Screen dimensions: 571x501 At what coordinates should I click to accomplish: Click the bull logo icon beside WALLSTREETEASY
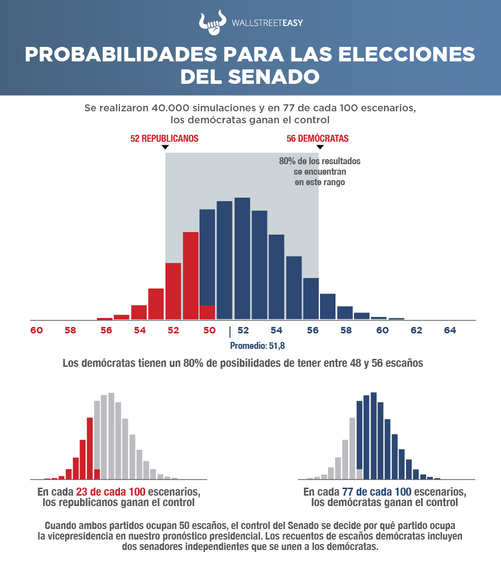(x=210, y=23)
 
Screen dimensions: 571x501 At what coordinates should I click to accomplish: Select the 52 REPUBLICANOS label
(x=164, y=139)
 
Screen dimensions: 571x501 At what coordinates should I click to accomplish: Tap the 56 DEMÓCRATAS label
(x=317, y=139)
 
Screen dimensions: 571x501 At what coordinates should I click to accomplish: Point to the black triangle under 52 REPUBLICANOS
(x=165, y=148)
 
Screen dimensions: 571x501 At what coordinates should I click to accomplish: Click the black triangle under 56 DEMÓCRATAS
(x=319, y=148)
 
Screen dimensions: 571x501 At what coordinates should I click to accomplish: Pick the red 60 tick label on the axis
(x=36, y=330)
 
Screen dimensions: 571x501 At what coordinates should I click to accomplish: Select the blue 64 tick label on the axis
(x=449, y=330)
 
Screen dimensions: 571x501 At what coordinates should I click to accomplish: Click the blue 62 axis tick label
(x=416, y=330)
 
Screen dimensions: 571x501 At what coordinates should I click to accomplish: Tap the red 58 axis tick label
(x=70, y=330)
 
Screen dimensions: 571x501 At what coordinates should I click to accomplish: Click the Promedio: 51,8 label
(x=257, y=345)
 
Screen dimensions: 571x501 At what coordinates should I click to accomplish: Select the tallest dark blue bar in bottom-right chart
(x=373, y=434)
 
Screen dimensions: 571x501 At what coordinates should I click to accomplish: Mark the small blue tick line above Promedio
(x=230, y=332)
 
